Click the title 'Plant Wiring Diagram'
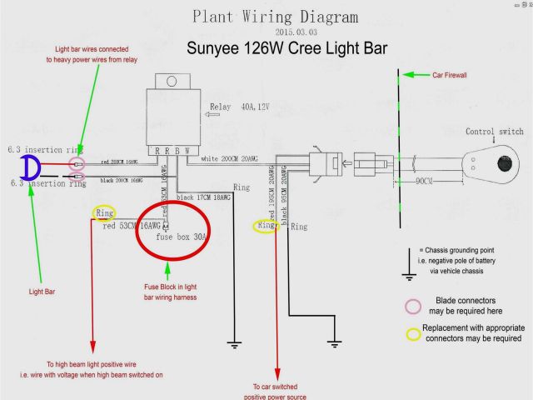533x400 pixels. click(x=276, y=17)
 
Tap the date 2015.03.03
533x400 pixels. click(x=275, y=32)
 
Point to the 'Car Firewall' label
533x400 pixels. click(x=449, y=75)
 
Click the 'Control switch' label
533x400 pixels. click(x=495, y=132)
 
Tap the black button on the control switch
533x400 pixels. click(x=503, y=162)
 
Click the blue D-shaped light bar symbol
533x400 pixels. click(x=31, y=168)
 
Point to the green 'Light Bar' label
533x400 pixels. click(x=42, y=292)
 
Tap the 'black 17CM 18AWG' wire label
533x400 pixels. click(x=202, y=197)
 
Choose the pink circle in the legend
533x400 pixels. click(x=413, y=305)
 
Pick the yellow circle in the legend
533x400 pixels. click(x=413, y=333)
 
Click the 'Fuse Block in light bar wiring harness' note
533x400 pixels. click(x=170, y=292)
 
